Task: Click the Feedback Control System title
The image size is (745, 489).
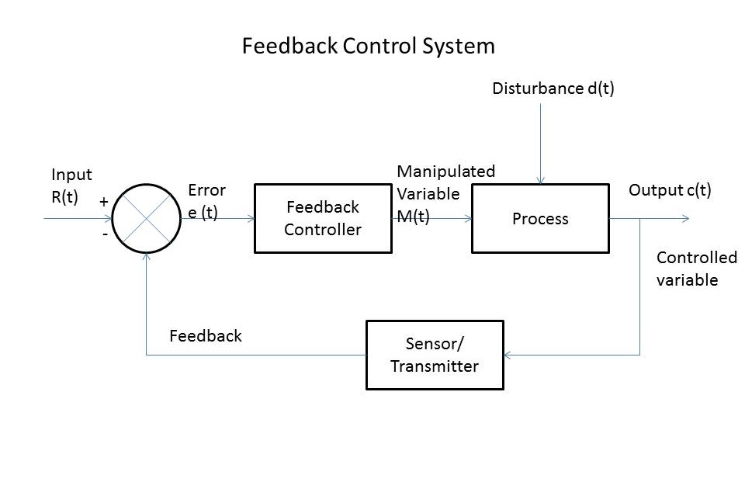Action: pos(368,47)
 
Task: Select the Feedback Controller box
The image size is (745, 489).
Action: pos(323,218)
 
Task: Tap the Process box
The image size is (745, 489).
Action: pos(540,218)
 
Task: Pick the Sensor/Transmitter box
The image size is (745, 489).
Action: pos(435,355)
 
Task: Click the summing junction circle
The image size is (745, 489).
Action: pos(147,218)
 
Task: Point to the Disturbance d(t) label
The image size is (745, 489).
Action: pos(553,88)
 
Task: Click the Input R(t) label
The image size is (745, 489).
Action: pos(71,186)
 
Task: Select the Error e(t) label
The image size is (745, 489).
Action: pos(206,202)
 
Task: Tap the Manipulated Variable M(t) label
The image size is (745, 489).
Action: pos(445,193)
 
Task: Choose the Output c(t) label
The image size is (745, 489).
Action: pos(669,190)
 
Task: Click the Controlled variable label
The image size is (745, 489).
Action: pos(696,269)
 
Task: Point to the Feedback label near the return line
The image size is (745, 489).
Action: pos(206,336)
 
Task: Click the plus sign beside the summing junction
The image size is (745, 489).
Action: pos(103,201)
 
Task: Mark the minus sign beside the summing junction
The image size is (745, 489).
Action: pos(104,234)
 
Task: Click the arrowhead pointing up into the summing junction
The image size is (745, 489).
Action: pos(147,258)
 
